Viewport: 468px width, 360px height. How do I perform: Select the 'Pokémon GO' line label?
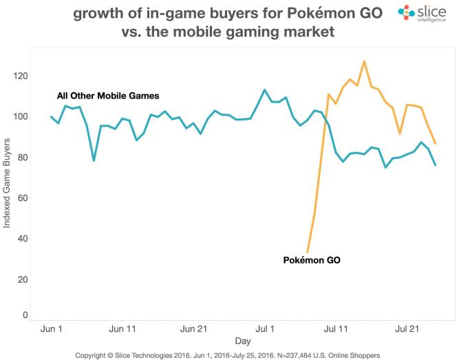[312, 260]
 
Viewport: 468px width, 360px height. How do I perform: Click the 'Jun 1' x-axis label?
[51, 330]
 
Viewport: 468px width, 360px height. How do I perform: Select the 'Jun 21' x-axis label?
[193, 330]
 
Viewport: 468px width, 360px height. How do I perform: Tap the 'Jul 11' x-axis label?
[336, 330]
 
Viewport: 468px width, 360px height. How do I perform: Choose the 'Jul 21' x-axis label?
[407, 330]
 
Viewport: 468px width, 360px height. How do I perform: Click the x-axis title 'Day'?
[242, 341]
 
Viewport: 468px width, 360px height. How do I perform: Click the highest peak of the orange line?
[364, 61]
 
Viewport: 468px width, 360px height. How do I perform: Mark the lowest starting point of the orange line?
[307, 252]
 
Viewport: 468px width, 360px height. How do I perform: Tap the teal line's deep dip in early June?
[94, 160]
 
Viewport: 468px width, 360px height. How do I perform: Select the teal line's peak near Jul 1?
[264, 89]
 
